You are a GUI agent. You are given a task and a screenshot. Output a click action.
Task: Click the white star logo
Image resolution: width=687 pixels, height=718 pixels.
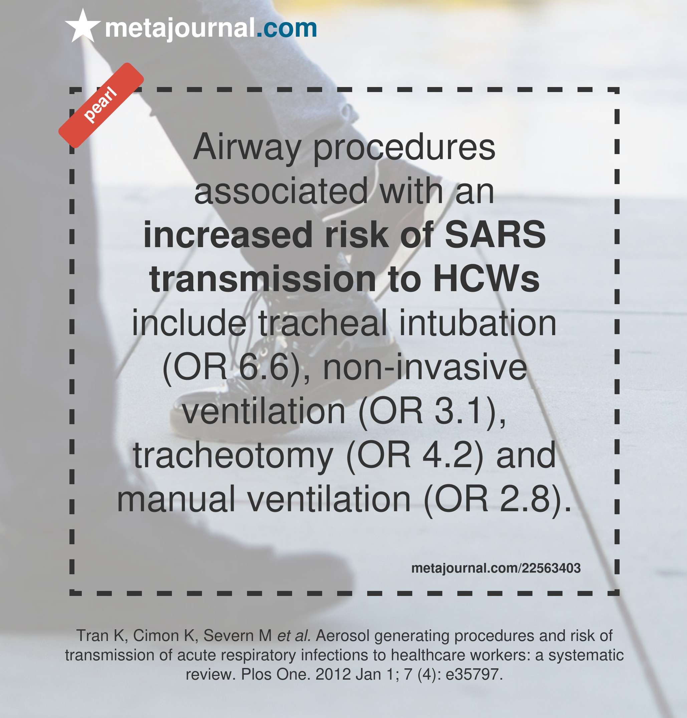tap(83, 26)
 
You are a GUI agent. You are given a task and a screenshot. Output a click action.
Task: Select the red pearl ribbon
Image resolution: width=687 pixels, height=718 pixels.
tap(101, 105)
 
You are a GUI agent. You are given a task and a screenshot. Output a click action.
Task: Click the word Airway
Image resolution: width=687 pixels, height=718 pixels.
tap(247, 147)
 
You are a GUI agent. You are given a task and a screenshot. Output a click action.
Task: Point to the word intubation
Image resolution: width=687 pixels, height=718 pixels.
tap(478, 322)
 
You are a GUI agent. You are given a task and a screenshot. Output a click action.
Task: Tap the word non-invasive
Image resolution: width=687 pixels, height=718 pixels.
tap(425, 367)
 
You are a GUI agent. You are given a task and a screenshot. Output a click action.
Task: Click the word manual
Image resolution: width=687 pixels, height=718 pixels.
tap(176, 499)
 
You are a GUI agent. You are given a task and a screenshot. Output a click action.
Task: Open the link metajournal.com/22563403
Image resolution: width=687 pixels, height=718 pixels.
tap(496, 568)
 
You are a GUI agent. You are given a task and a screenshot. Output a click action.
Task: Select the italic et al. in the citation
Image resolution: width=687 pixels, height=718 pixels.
tap(294, 635)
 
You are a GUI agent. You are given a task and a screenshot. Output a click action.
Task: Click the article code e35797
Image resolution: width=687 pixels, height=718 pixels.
tap(474, 674)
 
